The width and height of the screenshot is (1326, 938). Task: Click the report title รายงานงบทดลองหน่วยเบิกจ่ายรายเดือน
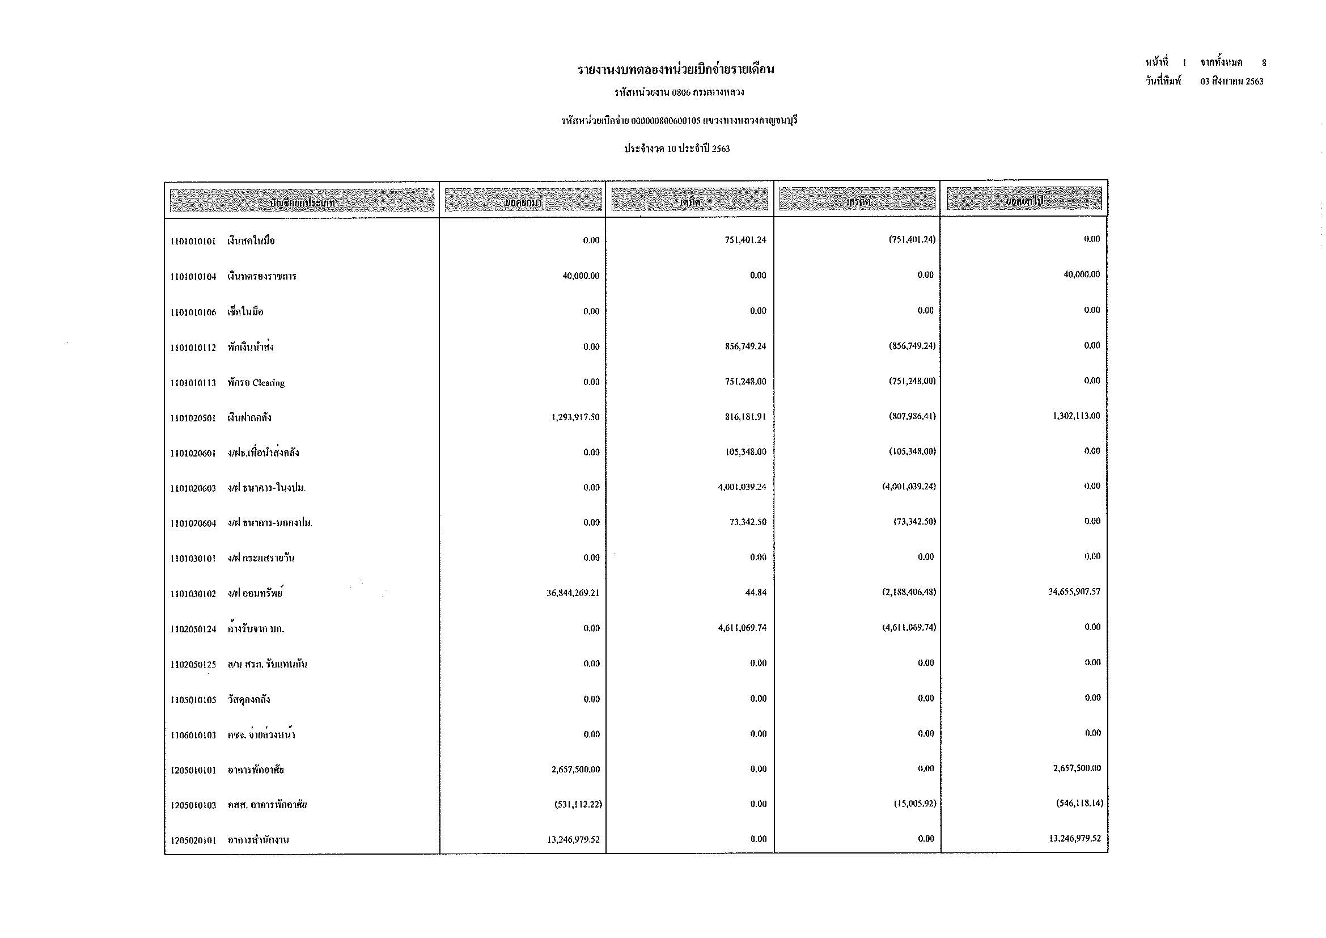point(676,70)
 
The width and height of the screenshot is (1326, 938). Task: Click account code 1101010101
point(193,242)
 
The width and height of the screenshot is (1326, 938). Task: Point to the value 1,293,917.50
point(575,417)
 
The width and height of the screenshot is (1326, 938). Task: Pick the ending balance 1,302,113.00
point(1077,416)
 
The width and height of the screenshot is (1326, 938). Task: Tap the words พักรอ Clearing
point(256,383)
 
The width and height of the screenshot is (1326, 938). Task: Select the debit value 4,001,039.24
point(742,487)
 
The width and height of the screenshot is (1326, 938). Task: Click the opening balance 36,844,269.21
point(573,593)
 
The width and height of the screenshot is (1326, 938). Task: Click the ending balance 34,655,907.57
point(1074,591)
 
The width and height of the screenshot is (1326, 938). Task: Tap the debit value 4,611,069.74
point(742,628)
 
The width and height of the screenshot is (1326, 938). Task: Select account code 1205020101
point(193,840)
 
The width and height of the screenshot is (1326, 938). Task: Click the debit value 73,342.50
point(748,522)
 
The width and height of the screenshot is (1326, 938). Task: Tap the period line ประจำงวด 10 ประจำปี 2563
point(677,149)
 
